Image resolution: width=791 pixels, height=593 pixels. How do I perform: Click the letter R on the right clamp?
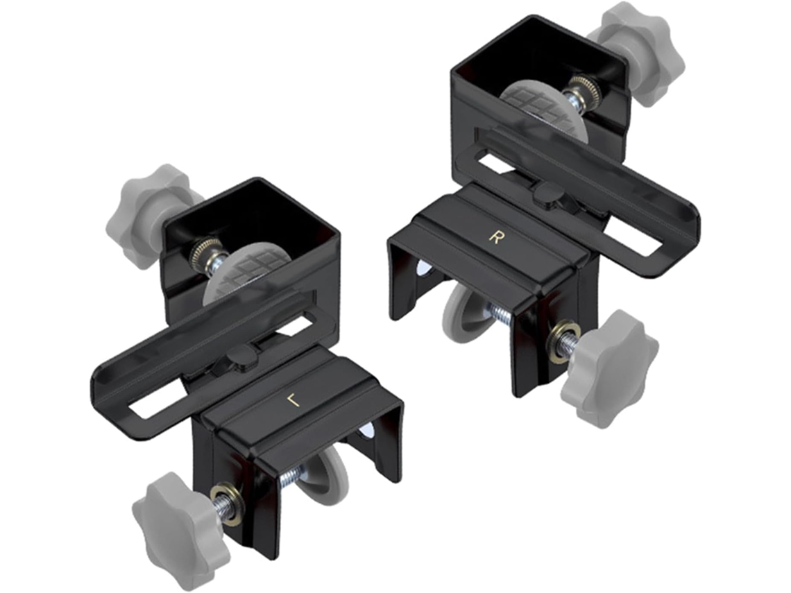[x=495, y=237]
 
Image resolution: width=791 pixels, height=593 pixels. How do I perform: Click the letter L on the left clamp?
[x=293, y=400]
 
